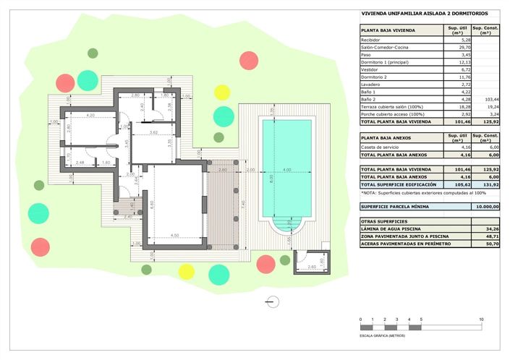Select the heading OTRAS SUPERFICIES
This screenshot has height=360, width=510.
[x=384, y=221]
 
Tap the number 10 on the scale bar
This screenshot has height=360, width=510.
[x=481, y=319]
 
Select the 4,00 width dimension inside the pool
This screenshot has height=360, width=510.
[x=286, y=171]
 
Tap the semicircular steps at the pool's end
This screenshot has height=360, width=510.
[x=286, y=228]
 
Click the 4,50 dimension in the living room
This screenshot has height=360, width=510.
[x=175, y=235]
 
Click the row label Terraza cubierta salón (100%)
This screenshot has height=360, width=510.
[x=394, y=106]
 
